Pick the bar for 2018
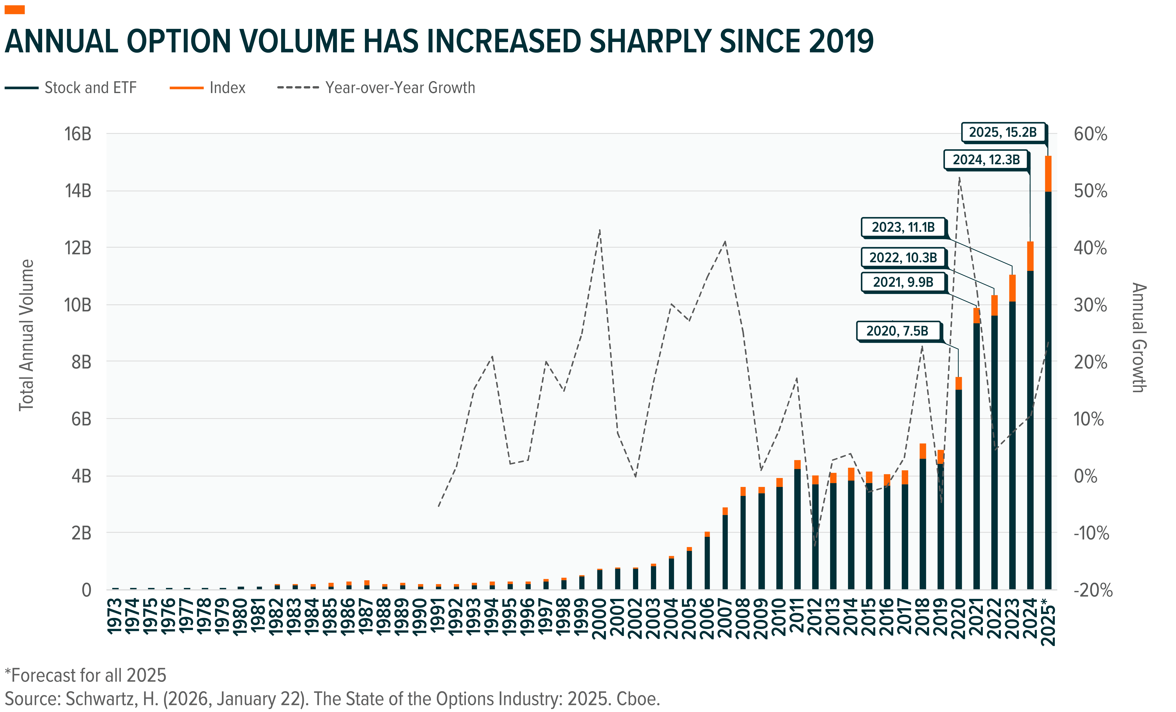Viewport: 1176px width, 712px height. pyautogui.click(x=923, y=525)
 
